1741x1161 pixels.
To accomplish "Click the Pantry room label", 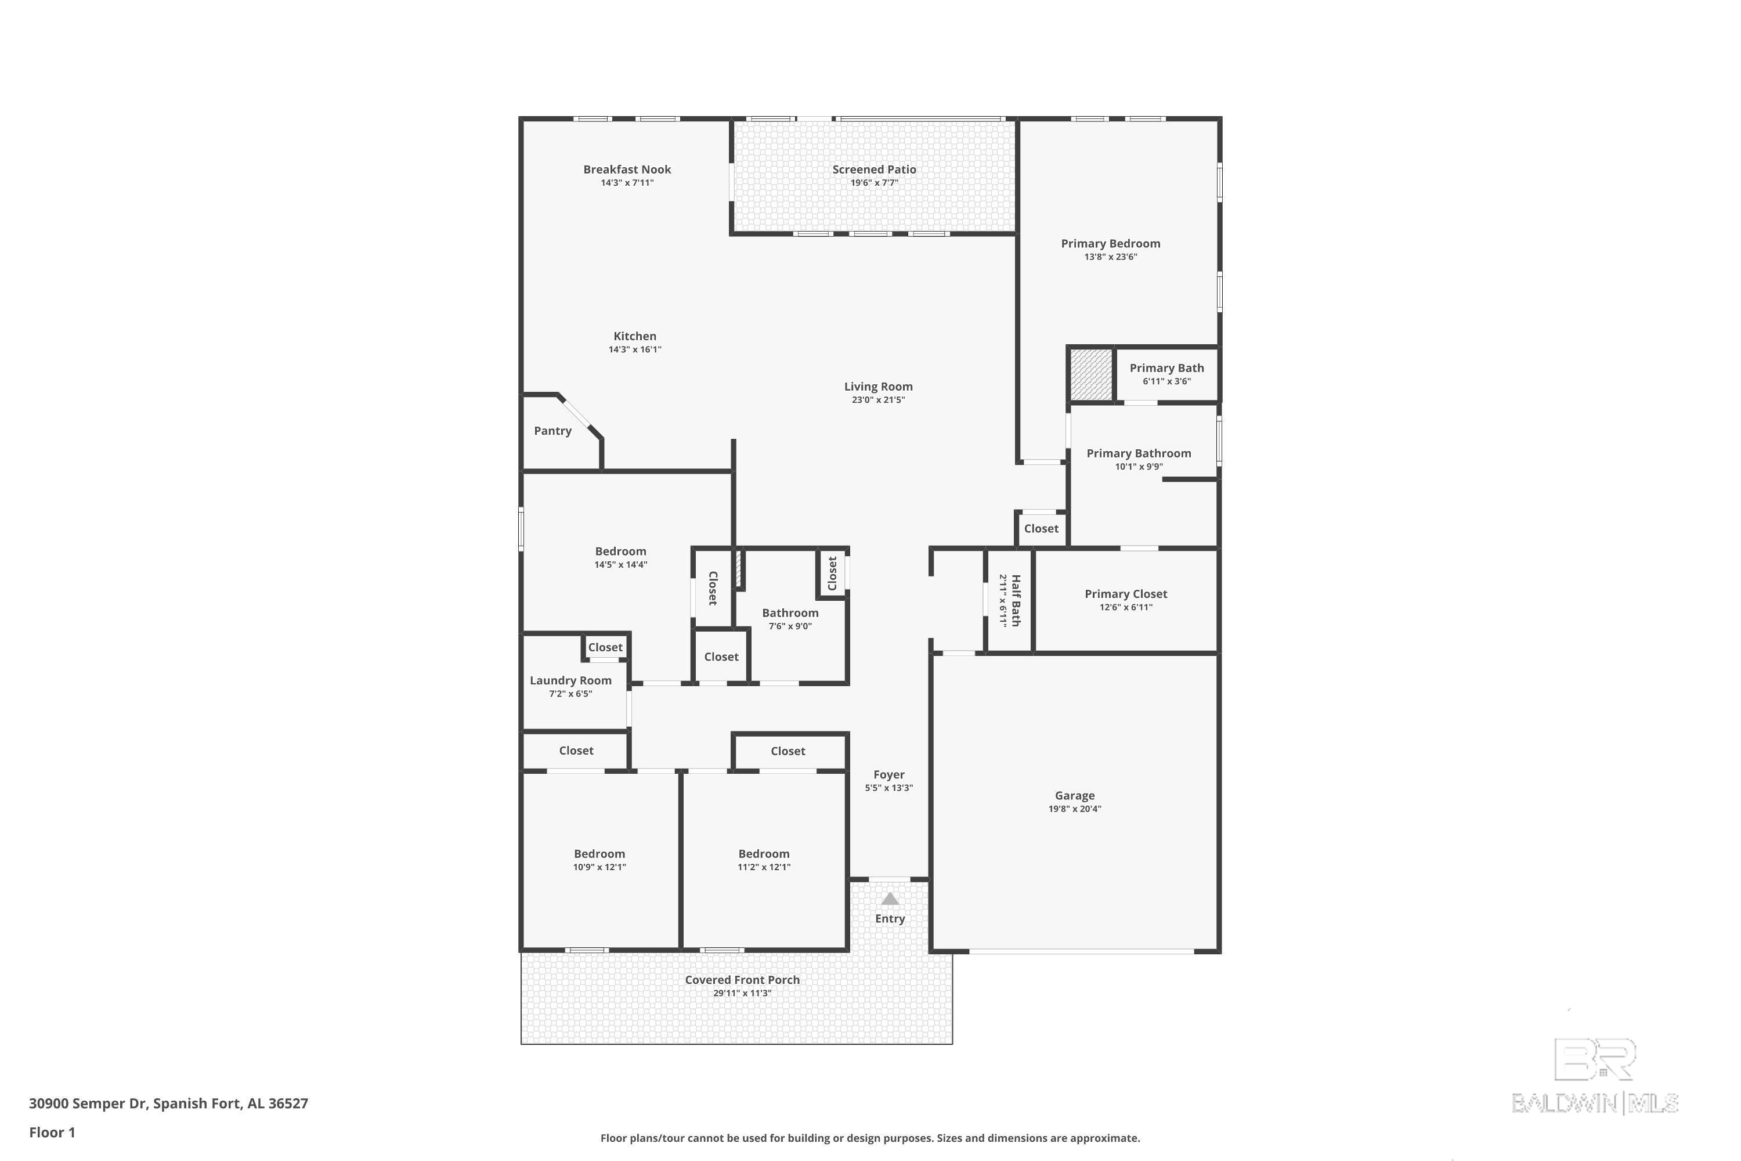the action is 552,431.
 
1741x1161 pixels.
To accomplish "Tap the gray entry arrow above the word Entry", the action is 890,899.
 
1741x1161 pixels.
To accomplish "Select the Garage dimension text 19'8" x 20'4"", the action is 1075,809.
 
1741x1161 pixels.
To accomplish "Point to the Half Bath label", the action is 1016,600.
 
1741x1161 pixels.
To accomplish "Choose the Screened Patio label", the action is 874,170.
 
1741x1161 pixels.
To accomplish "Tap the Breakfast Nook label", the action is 627,170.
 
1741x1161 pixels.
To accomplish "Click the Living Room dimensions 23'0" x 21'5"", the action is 879,400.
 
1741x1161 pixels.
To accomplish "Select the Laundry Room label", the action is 570,680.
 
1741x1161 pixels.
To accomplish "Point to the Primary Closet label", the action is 1126,594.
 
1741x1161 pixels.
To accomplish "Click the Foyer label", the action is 889,774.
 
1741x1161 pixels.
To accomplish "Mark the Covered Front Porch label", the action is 742,980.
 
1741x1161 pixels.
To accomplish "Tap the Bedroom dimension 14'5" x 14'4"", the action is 621,565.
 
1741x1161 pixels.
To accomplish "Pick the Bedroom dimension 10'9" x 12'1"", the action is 599,867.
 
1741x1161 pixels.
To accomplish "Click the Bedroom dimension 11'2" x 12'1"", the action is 764,867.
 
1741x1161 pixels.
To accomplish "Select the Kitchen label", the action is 635,336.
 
